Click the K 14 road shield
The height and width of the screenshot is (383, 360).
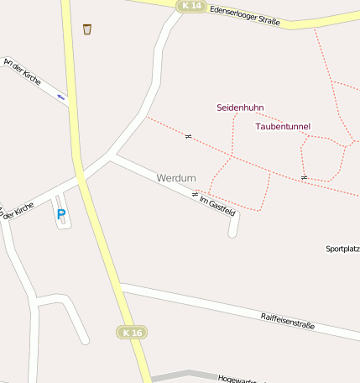pos(191,6)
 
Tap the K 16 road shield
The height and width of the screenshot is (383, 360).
pos(132,333)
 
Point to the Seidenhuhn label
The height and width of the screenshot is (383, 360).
pos(240,108)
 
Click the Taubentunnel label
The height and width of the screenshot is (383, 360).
pos(282,126)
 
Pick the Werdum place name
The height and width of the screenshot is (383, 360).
pos(175,178)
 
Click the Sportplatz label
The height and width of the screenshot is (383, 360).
pos(342,249)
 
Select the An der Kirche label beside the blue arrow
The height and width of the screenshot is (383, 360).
pos(22,72)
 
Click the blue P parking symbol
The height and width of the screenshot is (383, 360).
pos(60,214)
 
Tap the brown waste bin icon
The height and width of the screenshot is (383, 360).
pos(87,29)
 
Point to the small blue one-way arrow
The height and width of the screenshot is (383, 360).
pos(60,97)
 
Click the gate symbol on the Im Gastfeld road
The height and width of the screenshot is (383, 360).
pos(195,194)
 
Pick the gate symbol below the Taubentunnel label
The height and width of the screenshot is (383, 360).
pos(303,177)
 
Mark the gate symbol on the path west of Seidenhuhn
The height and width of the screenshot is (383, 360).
pos(188,136)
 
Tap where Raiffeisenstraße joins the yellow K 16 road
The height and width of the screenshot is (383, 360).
pos(120,287)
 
